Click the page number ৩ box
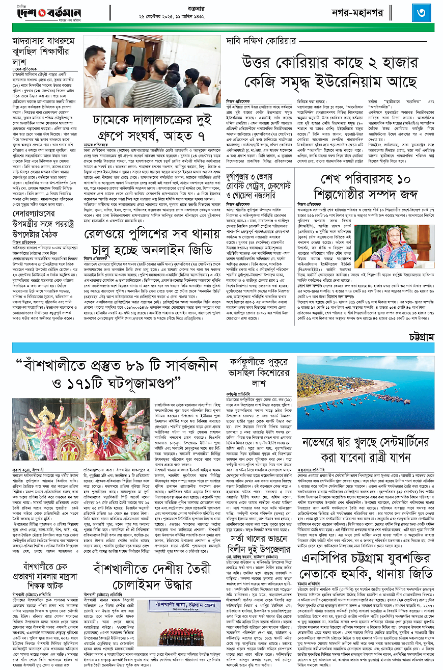422,12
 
